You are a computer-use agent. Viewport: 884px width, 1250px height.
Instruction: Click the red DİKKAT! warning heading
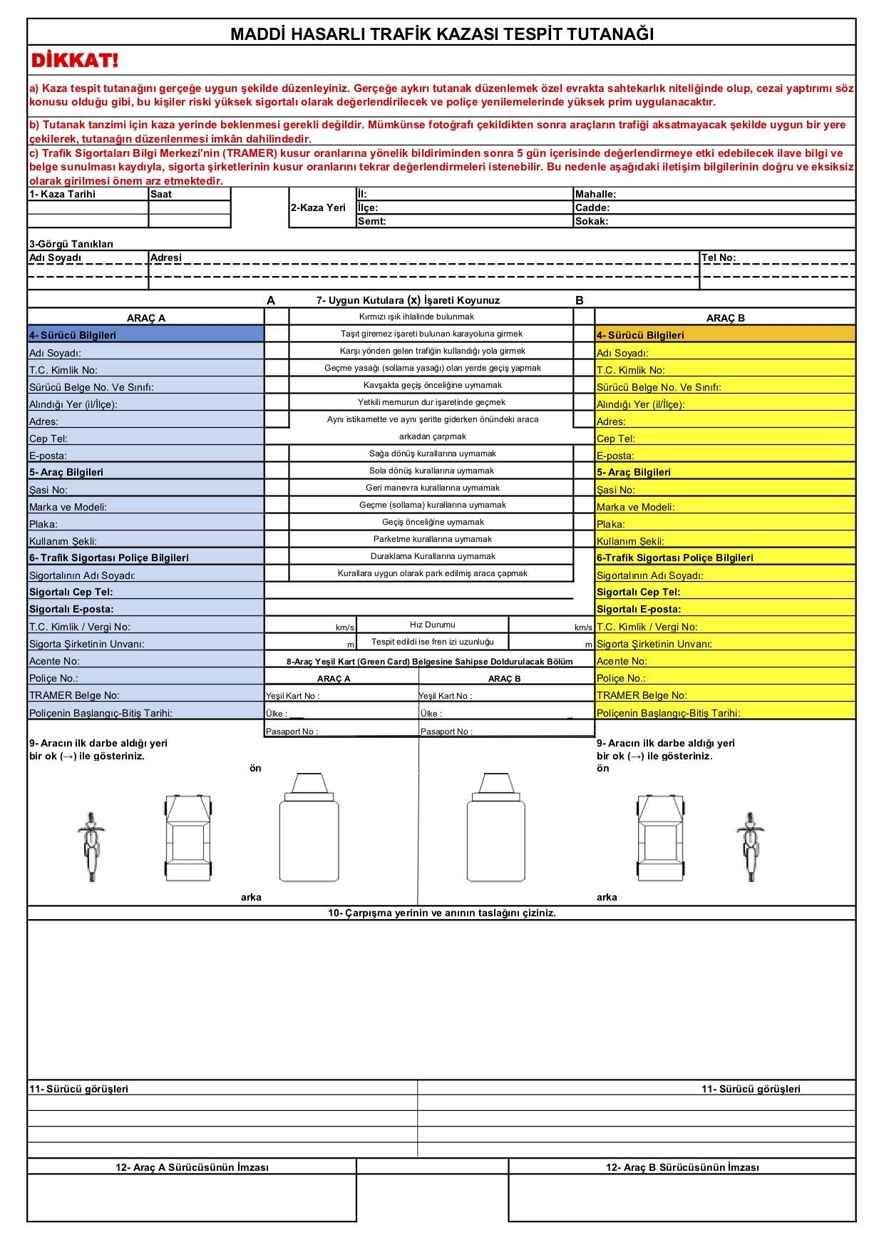[x=74, y=61]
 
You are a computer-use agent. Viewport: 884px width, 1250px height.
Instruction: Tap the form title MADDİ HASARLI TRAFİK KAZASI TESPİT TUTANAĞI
[x=441, y=34]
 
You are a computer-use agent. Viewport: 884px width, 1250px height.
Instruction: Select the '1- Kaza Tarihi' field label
[x=63, y=194]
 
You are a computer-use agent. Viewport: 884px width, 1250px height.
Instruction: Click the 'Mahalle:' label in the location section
[x=595, y=194]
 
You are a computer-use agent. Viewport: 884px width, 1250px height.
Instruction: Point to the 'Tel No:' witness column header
[x=719, y=257]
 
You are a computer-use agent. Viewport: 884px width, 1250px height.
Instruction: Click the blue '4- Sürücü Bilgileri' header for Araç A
[x=73, y=335]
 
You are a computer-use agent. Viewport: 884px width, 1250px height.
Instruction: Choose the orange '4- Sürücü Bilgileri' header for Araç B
[x=640, y=335]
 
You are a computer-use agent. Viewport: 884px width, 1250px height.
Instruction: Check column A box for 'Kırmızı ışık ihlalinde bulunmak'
[x=277, y=317]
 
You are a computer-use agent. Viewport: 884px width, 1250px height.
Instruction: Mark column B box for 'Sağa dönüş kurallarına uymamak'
[x=584, y=454]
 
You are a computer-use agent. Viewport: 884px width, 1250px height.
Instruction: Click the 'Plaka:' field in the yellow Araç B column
[x=610, y=524]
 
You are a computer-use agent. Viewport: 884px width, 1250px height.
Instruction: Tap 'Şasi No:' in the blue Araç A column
[x=48, y=490]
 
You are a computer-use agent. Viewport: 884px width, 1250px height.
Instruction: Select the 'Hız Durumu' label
[x=432, y=625]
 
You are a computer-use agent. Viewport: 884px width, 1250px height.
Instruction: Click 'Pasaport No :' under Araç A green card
[x=292, y=732]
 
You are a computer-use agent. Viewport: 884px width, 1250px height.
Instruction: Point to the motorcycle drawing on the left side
[x=91, y=846]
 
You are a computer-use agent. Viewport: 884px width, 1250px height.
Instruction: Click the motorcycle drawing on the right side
[x=750, y=846]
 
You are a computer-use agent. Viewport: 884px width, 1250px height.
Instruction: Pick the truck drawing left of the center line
[x=309, y=827]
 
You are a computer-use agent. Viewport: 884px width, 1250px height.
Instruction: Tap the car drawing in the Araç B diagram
[x=660, y=838]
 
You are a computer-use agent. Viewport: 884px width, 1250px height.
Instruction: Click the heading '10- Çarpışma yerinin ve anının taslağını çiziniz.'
[x=441, y=913]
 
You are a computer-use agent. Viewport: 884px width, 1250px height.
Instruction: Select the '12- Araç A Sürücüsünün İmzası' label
[x=192, y=1167]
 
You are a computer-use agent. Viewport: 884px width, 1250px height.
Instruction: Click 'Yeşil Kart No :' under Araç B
[x=446, y=696]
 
